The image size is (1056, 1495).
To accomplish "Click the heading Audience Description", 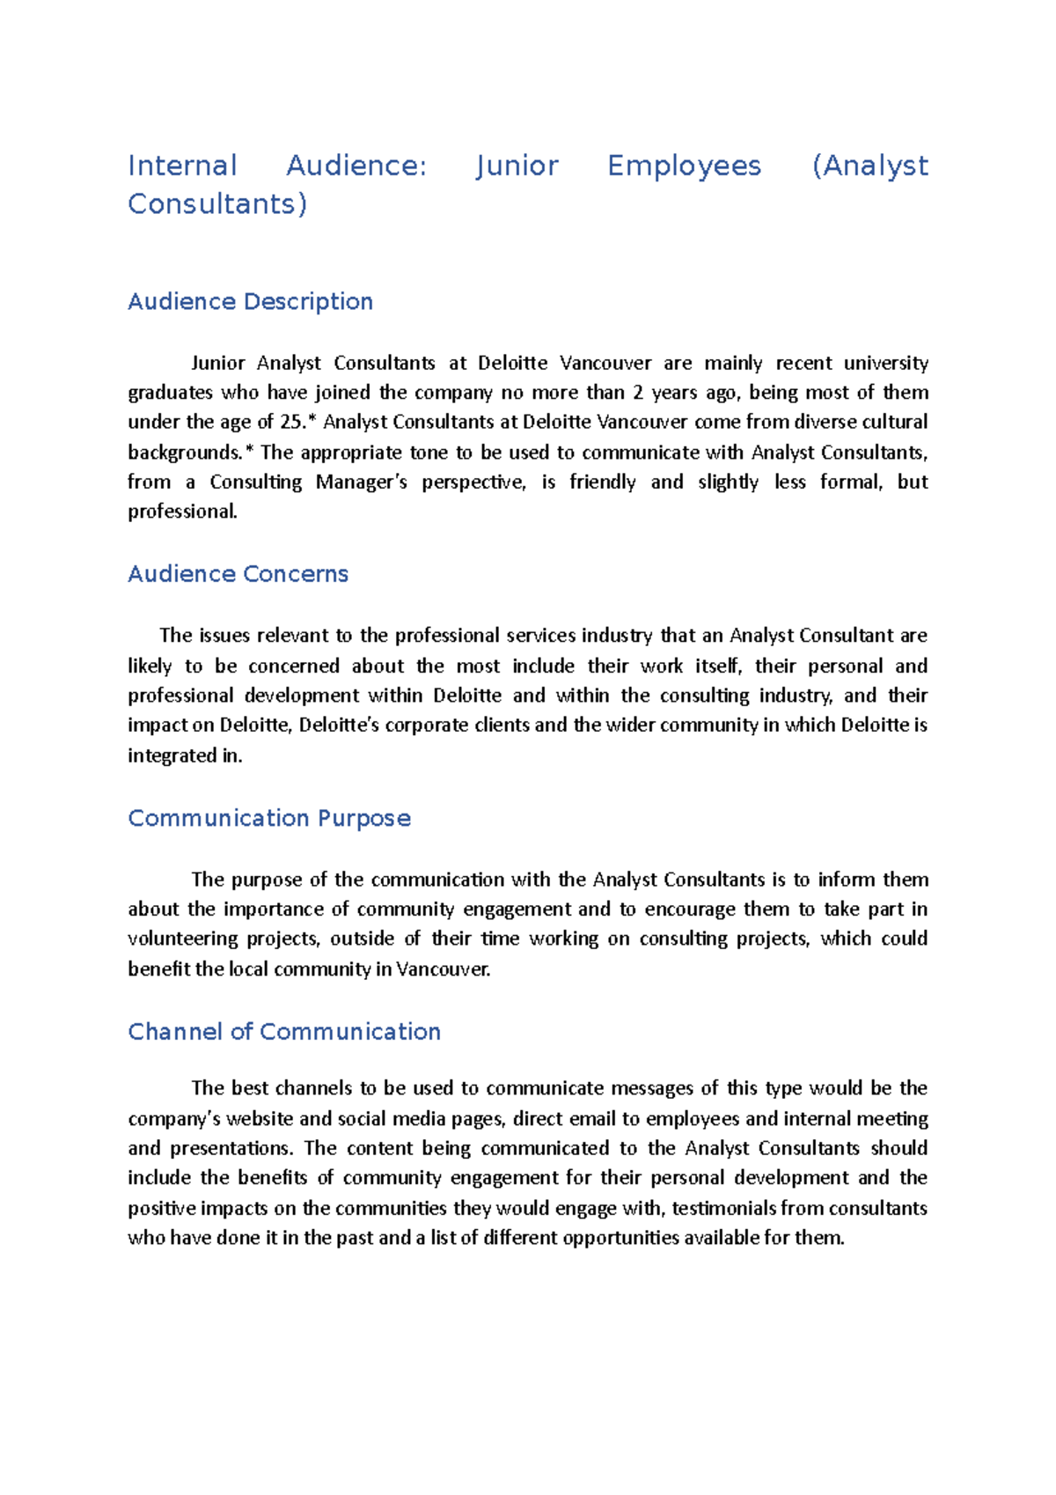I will click(x=250, y=302).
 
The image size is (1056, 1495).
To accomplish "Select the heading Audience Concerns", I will click(x=238, y=574).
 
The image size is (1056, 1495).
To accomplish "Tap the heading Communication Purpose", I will click(x=269, y=819).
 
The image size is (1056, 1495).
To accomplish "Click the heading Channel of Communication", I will click(x=284, y=1032).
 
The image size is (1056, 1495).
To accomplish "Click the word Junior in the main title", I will click(x=517, y=166).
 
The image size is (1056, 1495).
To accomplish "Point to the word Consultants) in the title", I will click(x=217, y=204).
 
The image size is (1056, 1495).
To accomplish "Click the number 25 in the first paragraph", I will click(x=290, y=422).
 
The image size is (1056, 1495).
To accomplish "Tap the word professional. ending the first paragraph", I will click(x=182, y=512).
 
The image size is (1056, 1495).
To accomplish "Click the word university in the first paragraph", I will click(x=885, y=363).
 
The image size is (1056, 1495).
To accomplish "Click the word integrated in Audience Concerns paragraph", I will click(x=172, y=755).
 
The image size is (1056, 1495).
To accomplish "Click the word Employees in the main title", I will click(x=684, y=166).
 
